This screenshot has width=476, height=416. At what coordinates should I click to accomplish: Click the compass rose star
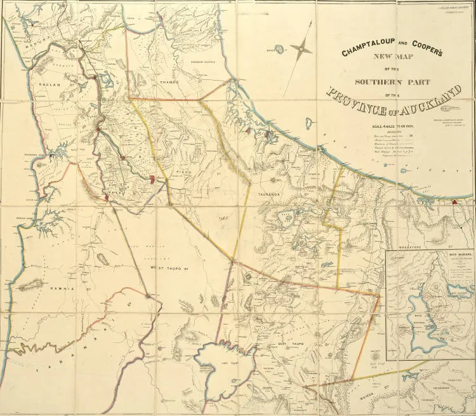click(302, 48)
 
